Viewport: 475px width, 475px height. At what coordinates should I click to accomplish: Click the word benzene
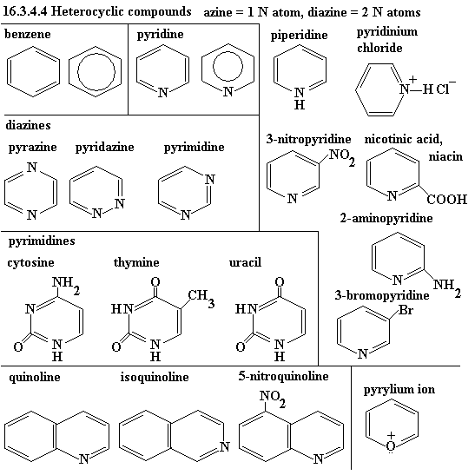[x=28, y=34]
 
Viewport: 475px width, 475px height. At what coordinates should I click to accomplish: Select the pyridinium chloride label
[x=387, y=40]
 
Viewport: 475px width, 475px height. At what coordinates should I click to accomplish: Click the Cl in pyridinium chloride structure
[x=443, y=89]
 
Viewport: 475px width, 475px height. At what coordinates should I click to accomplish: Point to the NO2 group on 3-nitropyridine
[x=342, y=157]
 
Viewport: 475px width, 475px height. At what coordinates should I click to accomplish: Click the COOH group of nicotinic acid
[x=447, y=200]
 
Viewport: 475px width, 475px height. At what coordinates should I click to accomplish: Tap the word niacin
[x=445, y=156]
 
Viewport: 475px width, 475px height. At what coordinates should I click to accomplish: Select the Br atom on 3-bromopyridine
[x=406, y=310]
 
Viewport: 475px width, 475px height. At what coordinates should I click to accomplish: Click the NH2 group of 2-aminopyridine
[x=447, y=287]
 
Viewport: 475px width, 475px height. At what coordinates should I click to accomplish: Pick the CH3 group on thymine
[x=201, y=298]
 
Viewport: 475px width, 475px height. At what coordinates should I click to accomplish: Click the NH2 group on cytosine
[x=66, y=285]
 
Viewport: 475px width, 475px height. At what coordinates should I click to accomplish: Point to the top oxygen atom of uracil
[x=280, y=282]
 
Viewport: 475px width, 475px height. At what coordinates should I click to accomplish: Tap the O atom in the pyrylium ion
[x=391, y=446]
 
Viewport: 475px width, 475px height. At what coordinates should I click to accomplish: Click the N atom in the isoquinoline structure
[x=225, y=446]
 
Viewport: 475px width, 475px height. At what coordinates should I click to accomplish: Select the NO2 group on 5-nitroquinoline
[x=273, y=398]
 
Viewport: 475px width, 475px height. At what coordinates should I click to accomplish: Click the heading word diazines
[x=28, y=125]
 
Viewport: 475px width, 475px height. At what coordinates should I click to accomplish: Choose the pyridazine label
[x=104, y=148]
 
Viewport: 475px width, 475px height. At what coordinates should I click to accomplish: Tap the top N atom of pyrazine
[x=32, y=167]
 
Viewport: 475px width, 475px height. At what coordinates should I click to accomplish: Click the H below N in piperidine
[x=300, y=105]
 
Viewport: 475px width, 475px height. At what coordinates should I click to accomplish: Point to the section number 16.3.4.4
[x=25, y=11]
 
